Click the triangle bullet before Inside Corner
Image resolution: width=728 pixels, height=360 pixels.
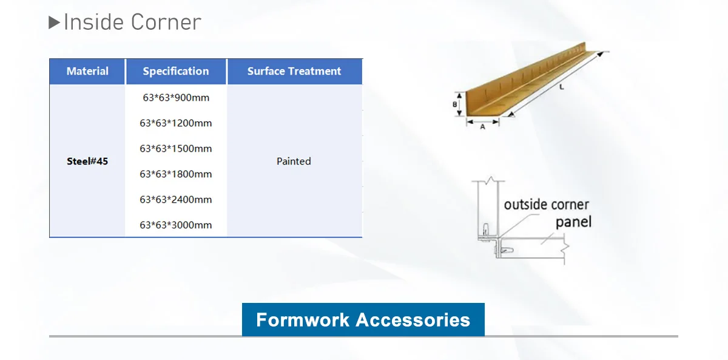(x=54, y=22)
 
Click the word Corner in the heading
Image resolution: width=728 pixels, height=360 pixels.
(x=166, y=22)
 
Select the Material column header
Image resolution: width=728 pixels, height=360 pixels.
(x=87, y=71)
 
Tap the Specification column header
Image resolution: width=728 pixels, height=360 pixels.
(x=176, y=71)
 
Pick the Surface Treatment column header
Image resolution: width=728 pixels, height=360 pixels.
(x=294, y=71)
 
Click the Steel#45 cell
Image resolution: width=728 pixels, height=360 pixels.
(x=87, y=161)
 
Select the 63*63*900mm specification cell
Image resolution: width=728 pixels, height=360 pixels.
(x=176, y=98)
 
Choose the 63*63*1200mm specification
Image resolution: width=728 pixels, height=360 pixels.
(x=176, y=123)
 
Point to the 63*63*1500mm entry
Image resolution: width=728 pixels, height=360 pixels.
(x=176, y=149)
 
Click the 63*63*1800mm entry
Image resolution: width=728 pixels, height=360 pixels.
(x=176, y=174)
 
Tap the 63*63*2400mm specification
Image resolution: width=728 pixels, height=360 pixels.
(x=176, y=199)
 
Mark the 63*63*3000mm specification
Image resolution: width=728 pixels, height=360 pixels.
(x=176, y=225)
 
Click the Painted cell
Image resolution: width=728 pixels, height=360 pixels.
(x=294, y=161)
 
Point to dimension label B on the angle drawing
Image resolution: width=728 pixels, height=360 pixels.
(x=454, y=104)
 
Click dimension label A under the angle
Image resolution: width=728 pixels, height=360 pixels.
(x=483, y=127)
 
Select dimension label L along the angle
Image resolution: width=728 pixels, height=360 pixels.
(x=561, y=87)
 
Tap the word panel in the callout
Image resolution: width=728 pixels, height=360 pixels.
(x=574, y=222)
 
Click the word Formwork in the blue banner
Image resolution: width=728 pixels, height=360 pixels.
(x=303, y=320)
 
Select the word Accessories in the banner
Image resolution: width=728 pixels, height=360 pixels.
(x=413, y=320)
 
